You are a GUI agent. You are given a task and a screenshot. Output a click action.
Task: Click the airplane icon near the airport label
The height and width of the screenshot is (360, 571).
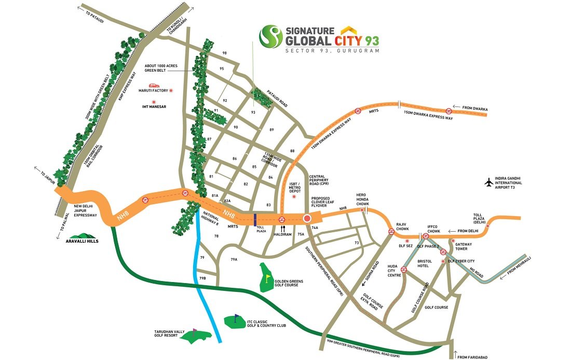tap(488, 182)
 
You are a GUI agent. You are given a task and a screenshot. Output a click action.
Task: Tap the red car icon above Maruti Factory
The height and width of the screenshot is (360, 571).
tap(154, 85)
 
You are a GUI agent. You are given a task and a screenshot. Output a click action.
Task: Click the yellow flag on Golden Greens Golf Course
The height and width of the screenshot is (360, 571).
tap(268, 279)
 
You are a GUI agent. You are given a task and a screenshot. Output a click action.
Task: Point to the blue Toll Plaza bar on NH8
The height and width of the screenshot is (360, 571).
tap(255, 220)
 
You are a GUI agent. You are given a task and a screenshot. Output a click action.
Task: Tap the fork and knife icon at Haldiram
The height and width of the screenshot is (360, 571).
tap(283, 228)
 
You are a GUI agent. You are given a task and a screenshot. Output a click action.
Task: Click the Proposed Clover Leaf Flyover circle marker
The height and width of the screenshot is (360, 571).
tap(307, 219)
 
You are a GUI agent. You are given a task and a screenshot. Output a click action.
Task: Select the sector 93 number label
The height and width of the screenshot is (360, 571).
tap(253, 112)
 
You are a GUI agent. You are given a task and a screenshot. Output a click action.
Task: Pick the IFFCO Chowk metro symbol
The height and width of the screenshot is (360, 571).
tap(426, 236)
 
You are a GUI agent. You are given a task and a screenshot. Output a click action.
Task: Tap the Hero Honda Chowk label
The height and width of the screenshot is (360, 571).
tap(361, 199)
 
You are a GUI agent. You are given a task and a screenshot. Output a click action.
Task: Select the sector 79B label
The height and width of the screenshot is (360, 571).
tap(202, 278)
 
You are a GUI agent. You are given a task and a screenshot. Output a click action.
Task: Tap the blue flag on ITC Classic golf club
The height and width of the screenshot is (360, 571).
tap(237, 317)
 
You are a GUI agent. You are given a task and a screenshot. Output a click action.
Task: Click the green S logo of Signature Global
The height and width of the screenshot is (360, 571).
tap(270, 36)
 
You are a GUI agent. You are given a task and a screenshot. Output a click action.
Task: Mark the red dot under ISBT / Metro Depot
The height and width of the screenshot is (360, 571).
tap(294, 197)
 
